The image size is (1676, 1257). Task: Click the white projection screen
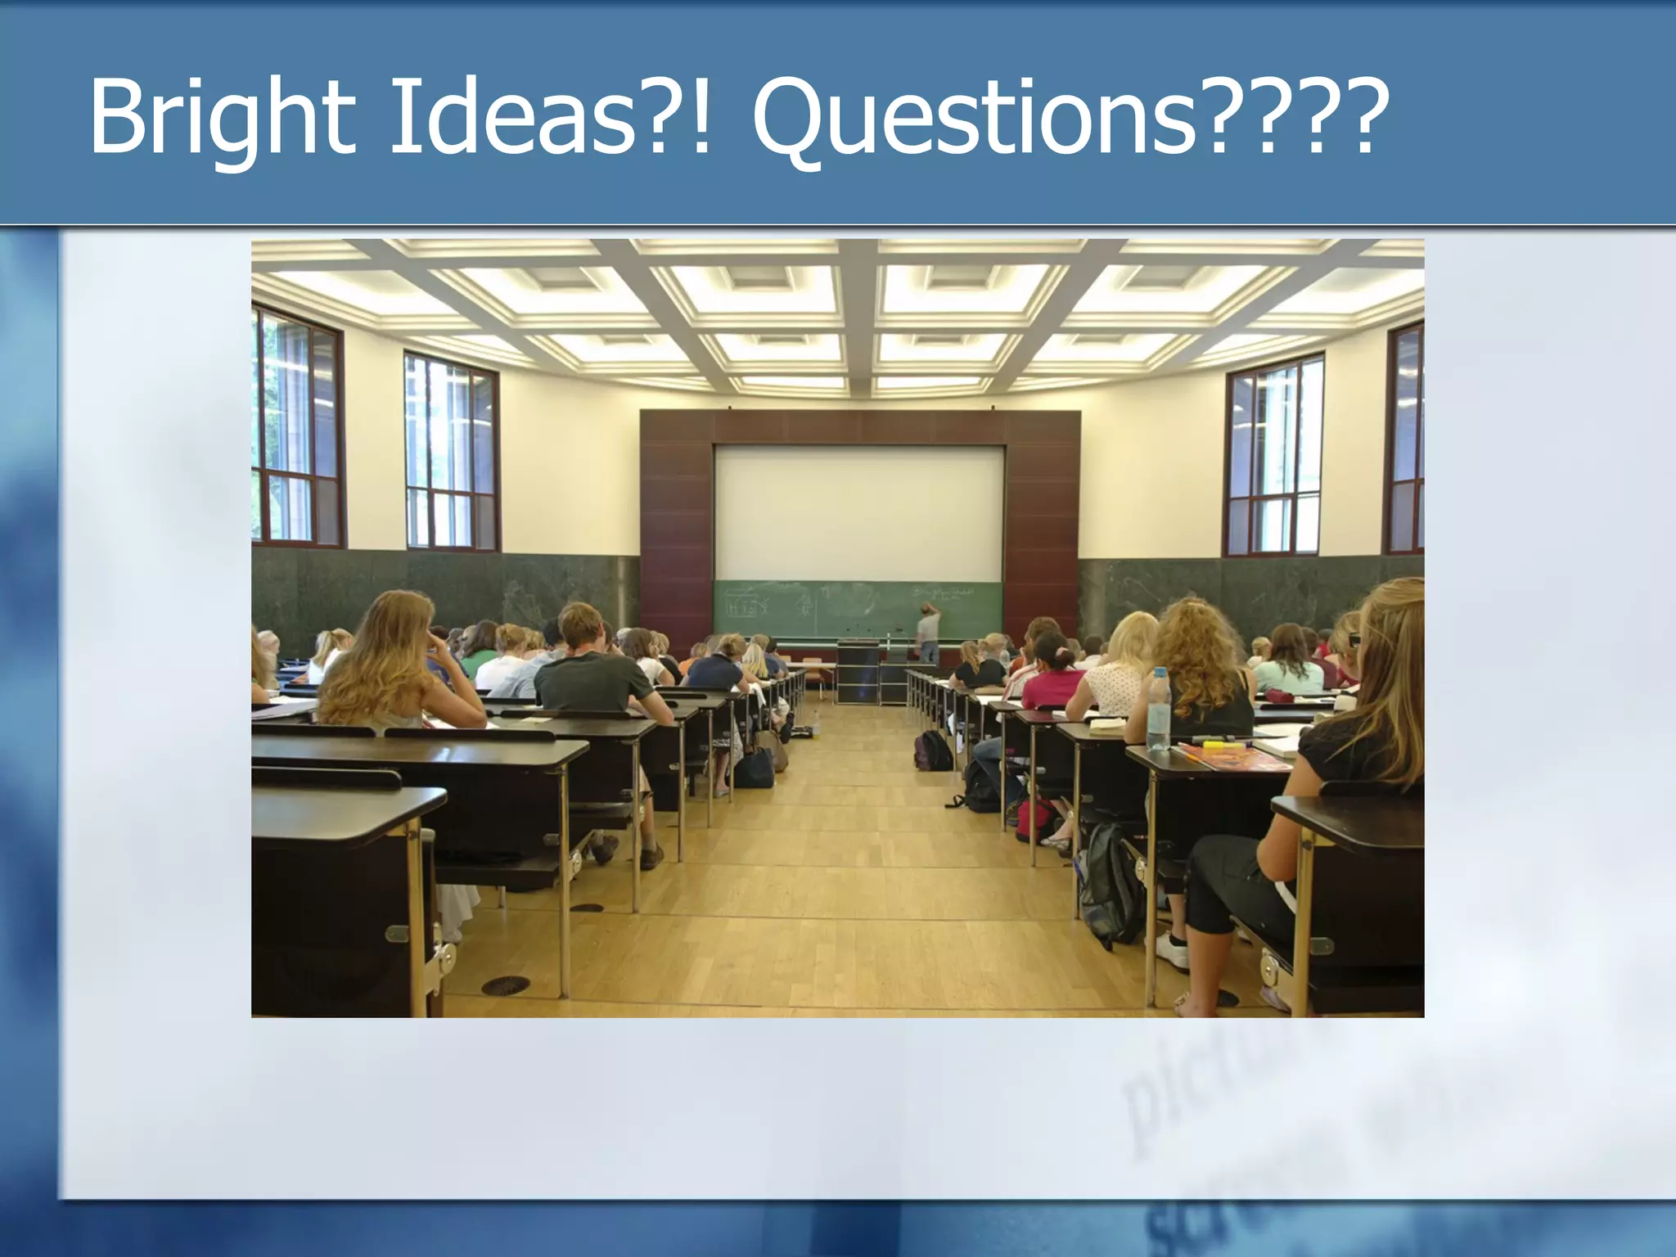pos(858,511)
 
